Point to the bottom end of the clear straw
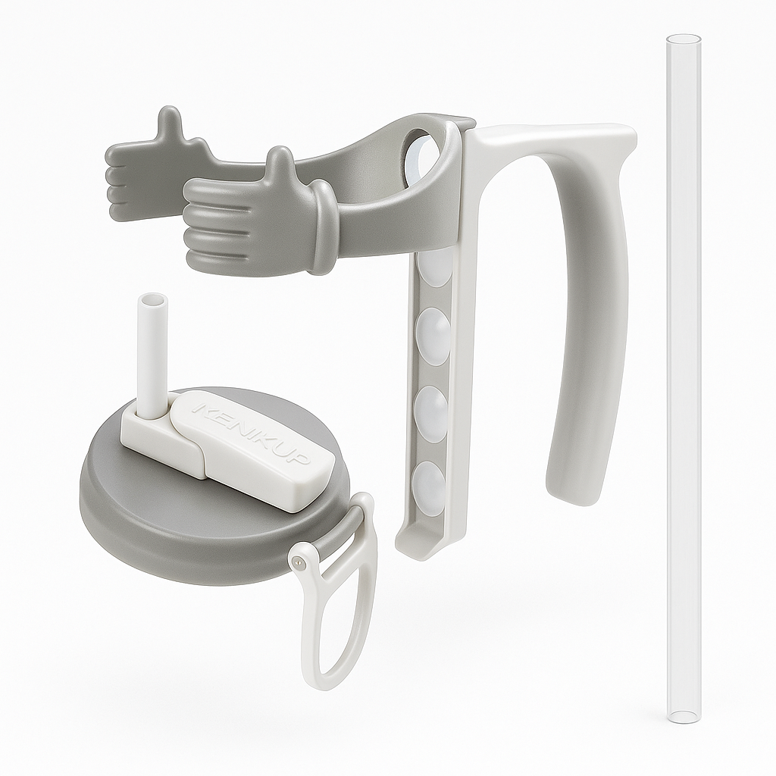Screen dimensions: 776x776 (x=683, y=717)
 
